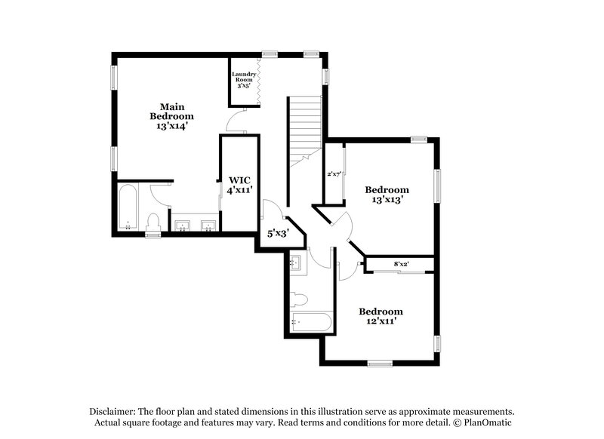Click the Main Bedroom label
171,116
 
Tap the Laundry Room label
243,80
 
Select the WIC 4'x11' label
240,185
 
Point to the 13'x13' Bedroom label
387,195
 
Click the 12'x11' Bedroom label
381,316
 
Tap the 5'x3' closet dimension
278,234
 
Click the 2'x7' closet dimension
334,174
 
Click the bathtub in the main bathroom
127,208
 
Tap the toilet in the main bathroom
153,223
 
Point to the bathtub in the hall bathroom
310,322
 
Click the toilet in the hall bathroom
297,296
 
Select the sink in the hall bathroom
296,264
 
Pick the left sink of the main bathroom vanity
182,225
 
